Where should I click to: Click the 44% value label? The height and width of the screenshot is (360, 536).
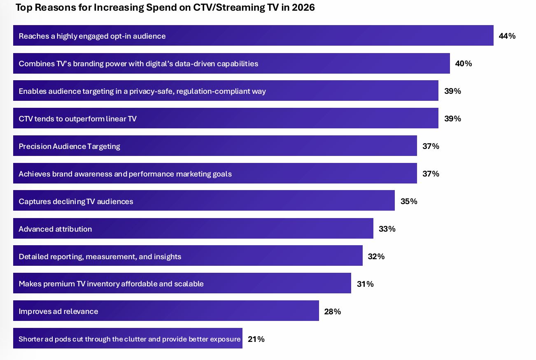[x=507, y=36]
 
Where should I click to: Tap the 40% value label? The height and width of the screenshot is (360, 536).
[x=463, y=63]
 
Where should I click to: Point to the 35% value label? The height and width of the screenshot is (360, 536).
[x=409, y=201]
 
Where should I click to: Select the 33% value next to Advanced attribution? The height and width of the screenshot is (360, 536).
[x=387, y=229]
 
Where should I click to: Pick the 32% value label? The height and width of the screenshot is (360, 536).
[x=376, y=256]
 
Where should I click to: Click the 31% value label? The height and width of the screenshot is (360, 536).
[x=365, y=284]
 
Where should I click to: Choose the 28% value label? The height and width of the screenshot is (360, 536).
[x=333, y=311]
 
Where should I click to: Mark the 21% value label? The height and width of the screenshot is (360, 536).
[x=256, y=339]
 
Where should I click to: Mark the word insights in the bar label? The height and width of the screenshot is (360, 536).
[x=168, y=257]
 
